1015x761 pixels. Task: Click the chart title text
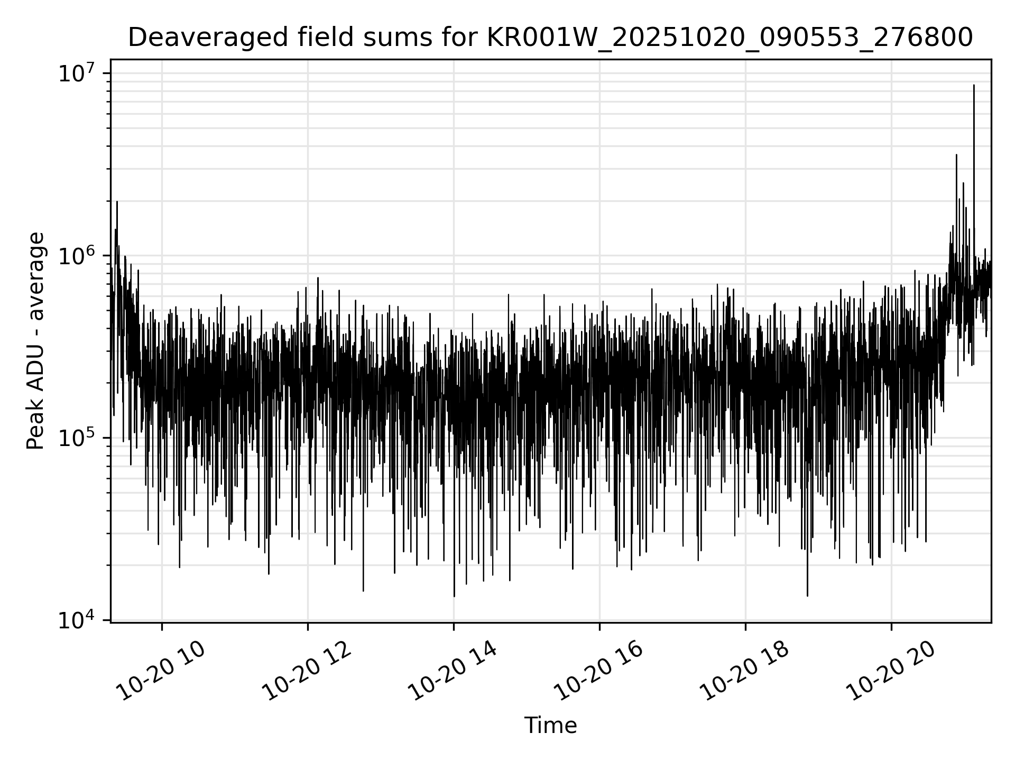550,38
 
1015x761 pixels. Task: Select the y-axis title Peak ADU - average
35,341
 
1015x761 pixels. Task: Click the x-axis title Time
550,726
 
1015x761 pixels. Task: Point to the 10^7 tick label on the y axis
76,73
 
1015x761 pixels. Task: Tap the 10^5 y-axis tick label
76,438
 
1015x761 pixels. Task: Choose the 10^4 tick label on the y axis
76,620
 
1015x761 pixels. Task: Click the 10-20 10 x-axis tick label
161,672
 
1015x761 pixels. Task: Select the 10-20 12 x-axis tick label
307,672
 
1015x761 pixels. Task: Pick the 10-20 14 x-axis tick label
453,672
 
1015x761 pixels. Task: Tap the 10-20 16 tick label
599,672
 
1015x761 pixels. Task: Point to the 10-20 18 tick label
745,672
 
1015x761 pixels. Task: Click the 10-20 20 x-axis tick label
891,672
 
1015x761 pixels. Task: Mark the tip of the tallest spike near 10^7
974,85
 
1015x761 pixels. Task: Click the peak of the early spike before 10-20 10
117,202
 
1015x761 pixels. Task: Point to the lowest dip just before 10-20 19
807,596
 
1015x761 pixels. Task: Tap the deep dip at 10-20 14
454,596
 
